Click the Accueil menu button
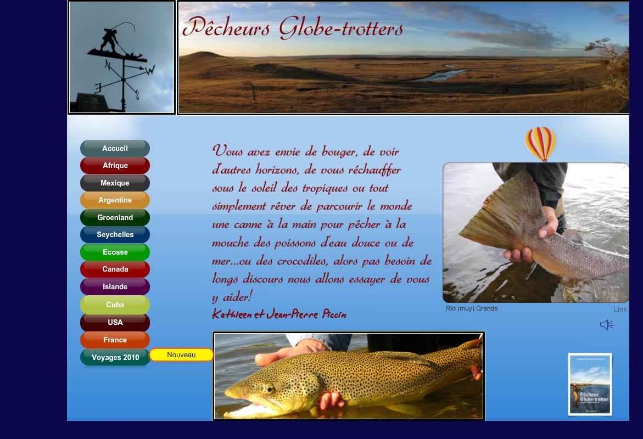(115, 148)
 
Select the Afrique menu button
(115, 166)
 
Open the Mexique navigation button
(115, 183)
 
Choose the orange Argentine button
(115, 200)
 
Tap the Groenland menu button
(115, 217)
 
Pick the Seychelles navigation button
(115, 235)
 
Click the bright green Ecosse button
(115, 252)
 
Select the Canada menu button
(115, 269)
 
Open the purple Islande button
(115, 286)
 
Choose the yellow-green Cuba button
(115, 305)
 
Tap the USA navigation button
(115, 322)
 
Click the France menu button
(115, 340)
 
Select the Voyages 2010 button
(115, 357)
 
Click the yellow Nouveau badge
(181, 355)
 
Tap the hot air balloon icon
(541, 144)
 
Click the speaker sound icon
(606, 325)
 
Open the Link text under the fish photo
(620, 309)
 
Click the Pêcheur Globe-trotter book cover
(590, 384)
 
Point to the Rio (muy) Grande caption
(472, 308)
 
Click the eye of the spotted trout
(269, 389)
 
